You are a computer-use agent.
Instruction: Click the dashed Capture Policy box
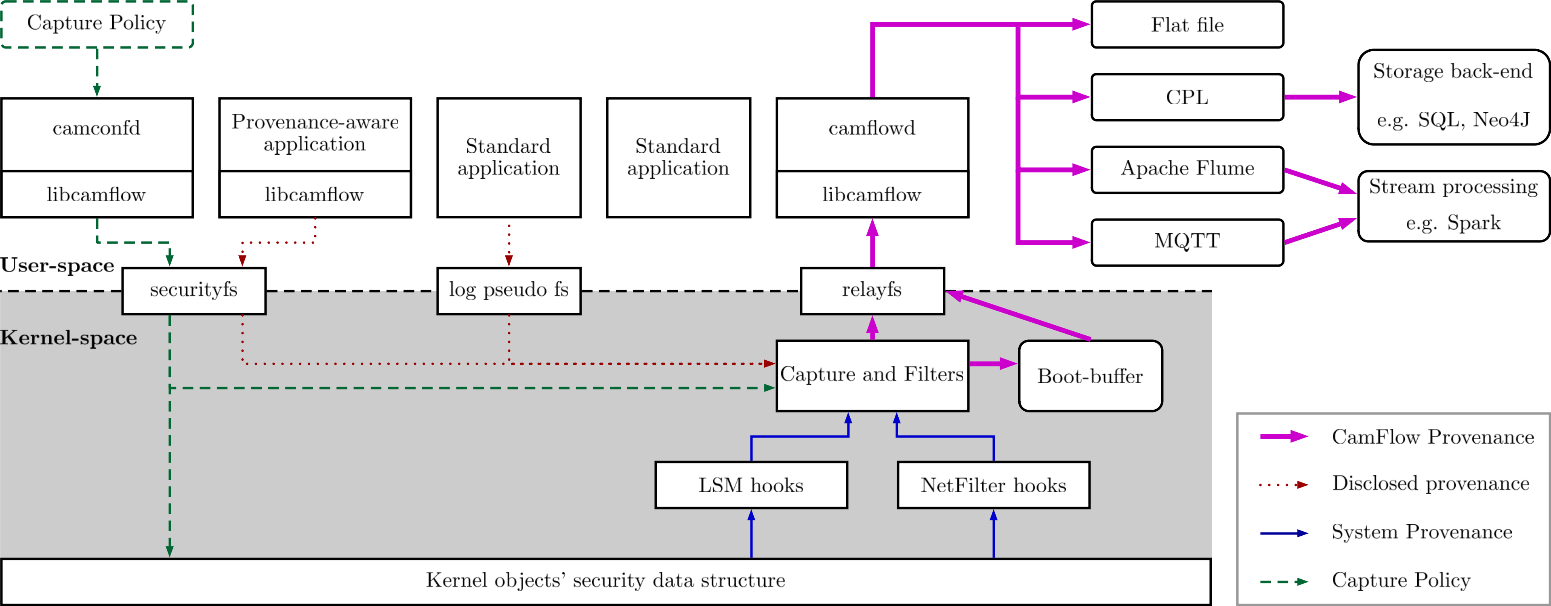[97, 24]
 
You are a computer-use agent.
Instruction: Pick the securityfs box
[194, 290]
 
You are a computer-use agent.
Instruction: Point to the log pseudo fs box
[509, 290]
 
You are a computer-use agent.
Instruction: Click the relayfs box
[872, 290]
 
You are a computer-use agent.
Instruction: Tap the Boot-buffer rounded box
[1090, 377]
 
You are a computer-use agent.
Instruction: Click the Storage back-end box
[1453, 97]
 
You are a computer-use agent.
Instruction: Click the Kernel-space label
[68, 338]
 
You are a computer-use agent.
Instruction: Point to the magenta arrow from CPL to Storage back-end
[1319, 97]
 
